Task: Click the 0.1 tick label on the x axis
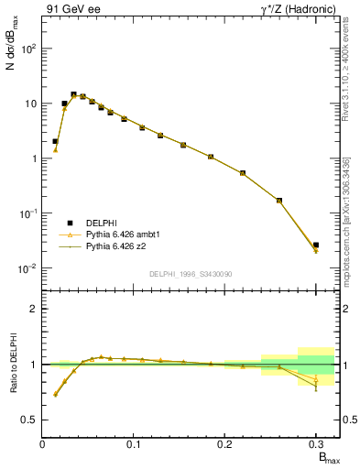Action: point(134,444)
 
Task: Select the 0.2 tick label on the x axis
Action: point(224,444)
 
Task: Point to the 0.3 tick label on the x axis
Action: point(315,444)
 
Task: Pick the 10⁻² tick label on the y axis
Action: point(27,268)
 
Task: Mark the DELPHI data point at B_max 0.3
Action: point(316,245)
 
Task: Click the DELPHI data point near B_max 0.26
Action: point(279,201)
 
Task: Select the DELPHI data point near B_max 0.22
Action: point(243,172)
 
